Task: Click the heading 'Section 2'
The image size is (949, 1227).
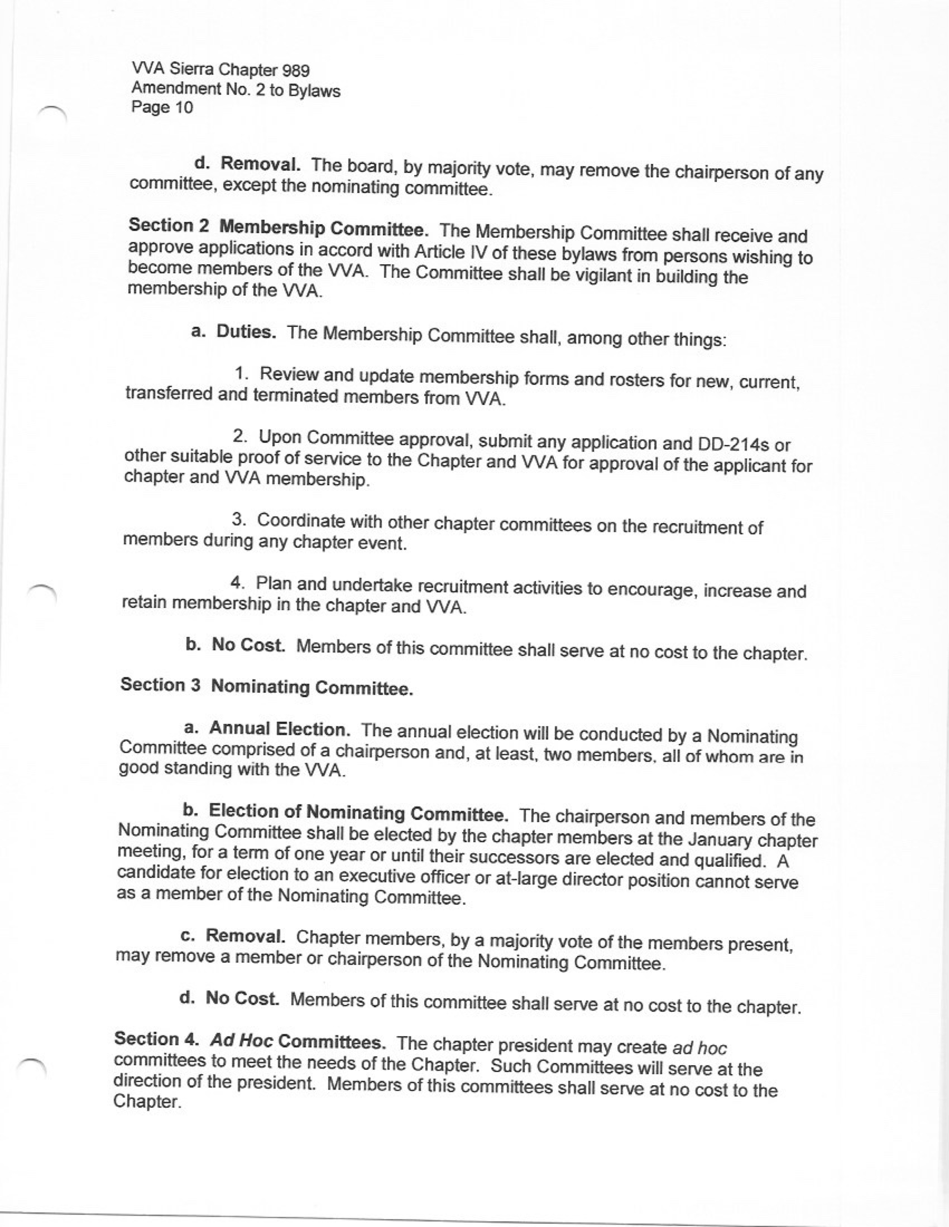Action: (x=169, y=226)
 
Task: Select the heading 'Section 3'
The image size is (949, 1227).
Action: (x=160, y=685)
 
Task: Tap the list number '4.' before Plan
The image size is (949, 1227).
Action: (x=238, y=583)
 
